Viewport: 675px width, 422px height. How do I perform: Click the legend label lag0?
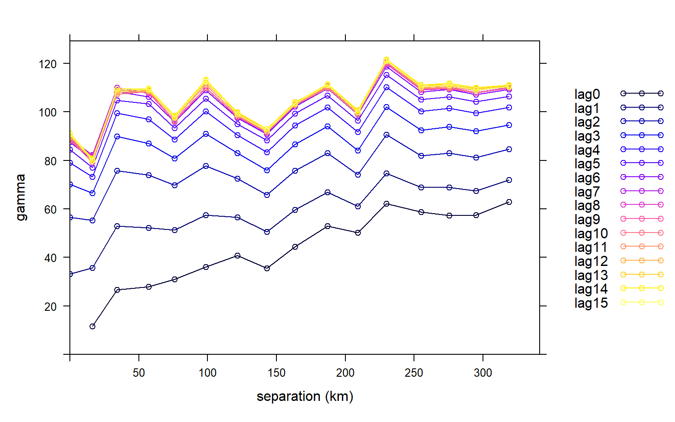point(587,94)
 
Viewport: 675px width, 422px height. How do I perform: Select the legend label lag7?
point(587,192)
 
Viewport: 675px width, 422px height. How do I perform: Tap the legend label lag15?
point(591,303)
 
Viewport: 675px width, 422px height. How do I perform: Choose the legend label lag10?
point(591,233)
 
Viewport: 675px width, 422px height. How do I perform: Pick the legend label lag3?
point(587,136)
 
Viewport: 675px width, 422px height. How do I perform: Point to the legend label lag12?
point(591,261)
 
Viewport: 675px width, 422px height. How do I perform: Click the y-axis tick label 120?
point(47,64)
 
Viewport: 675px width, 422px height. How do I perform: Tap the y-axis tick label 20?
point(51,306)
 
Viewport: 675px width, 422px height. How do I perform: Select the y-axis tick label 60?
point(51,210)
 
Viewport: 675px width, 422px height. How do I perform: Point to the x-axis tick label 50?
point(139,373)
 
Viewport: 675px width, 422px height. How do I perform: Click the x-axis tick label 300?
point(483,373)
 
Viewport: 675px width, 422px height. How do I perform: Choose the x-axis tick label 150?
point(276,373)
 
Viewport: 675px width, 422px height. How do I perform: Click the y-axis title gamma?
point(21,197)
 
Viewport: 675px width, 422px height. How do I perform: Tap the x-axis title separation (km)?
point(305,397)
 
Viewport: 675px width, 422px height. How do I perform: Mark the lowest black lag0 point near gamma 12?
point(92,326)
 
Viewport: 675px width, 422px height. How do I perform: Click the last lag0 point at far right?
point(509,202)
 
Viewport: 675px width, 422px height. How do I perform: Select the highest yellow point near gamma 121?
point(386,60)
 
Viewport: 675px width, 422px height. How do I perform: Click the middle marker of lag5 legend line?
point(642,163)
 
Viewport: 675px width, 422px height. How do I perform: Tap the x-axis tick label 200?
point(345,373)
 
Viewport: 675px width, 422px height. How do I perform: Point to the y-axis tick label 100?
point(47,113)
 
